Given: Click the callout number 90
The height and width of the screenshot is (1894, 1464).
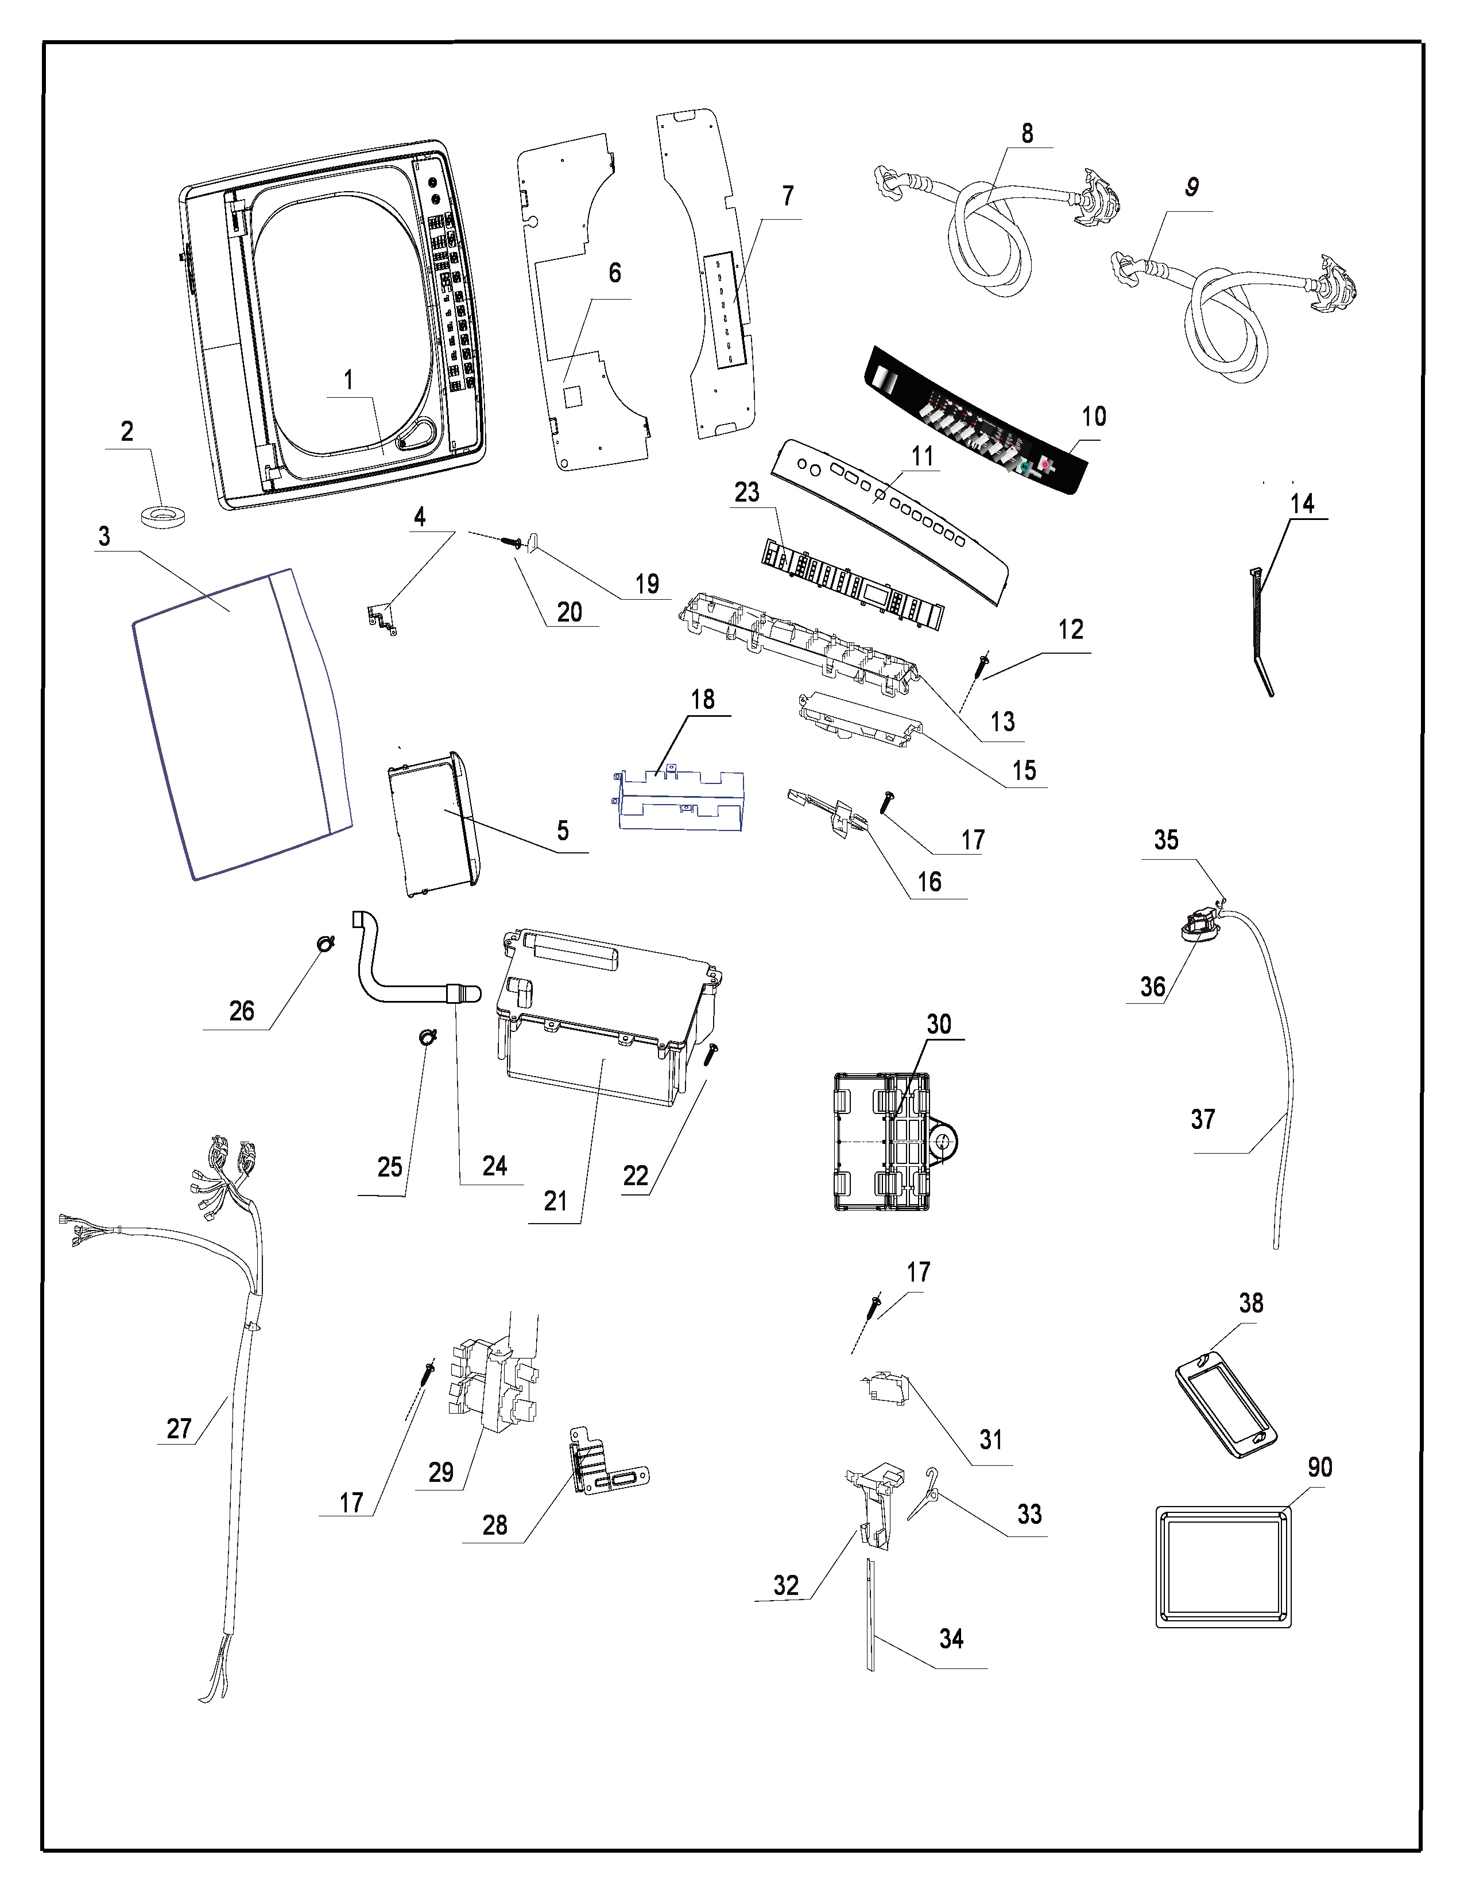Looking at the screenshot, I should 1319,1468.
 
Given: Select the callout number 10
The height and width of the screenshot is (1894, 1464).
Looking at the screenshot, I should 1094,416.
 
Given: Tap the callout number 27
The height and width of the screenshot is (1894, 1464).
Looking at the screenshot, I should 179,1429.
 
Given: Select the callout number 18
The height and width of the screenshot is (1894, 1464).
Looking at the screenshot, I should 703,699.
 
